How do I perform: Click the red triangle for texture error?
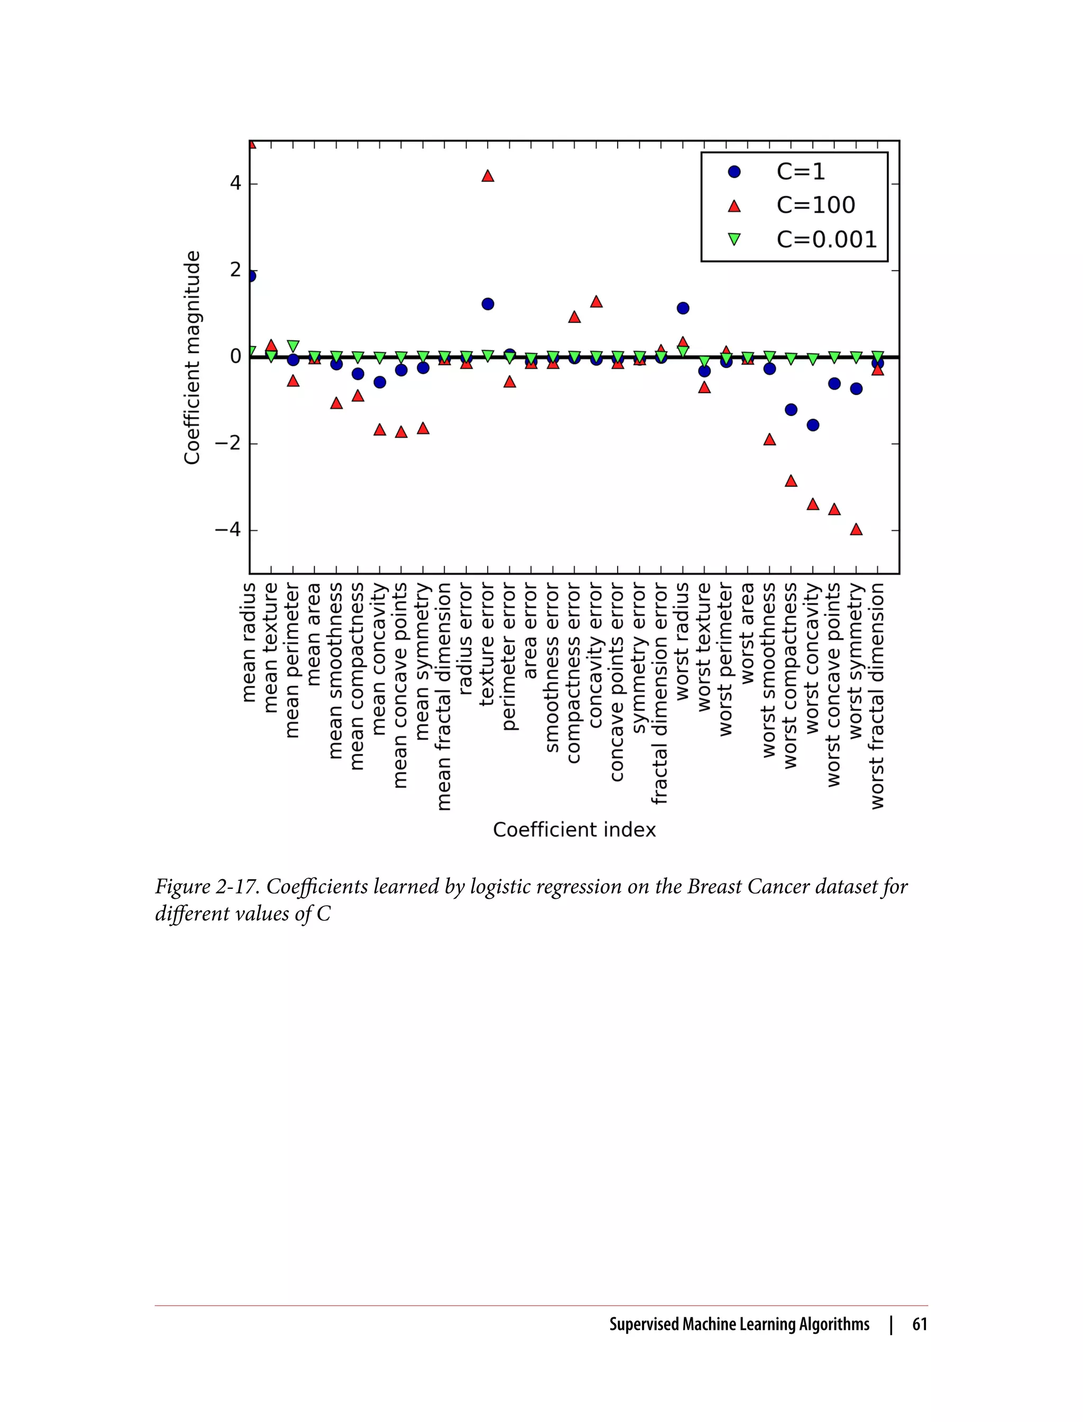[x=488, y=176]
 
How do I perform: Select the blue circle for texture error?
[x=488, y=304]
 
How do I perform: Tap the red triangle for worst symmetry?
[x=856, y=530]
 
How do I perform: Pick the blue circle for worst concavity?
[x=813, y=425]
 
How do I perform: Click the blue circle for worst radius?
[x=683, y=308]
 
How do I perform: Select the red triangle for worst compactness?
[x=791, y=481]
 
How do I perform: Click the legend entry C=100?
[x=815, y=205]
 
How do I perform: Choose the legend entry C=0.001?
[x=827, y=239]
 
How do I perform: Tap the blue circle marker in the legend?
[x=734, y=171]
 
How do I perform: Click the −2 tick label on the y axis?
[x=227, y=444]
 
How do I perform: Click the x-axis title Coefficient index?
[x=574, y=829]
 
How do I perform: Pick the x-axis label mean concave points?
[x=400, y=685]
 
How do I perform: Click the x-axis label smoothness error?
[x=552, y=668]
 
